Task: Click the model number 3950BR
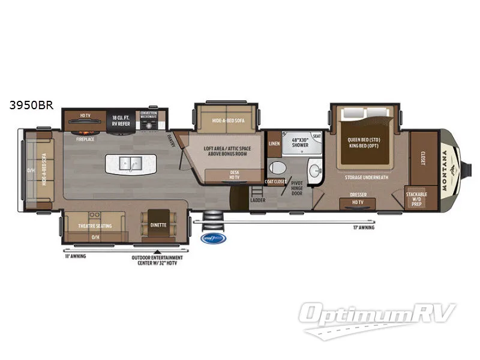click(x=31, y=106)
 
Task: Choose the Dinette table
click(x=158, y=226)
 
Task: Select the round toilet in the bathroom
click(x=277, y=167)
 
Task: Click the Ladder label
click(x=258, y=200)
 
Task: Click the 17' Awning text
click(x=363, y=228)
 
